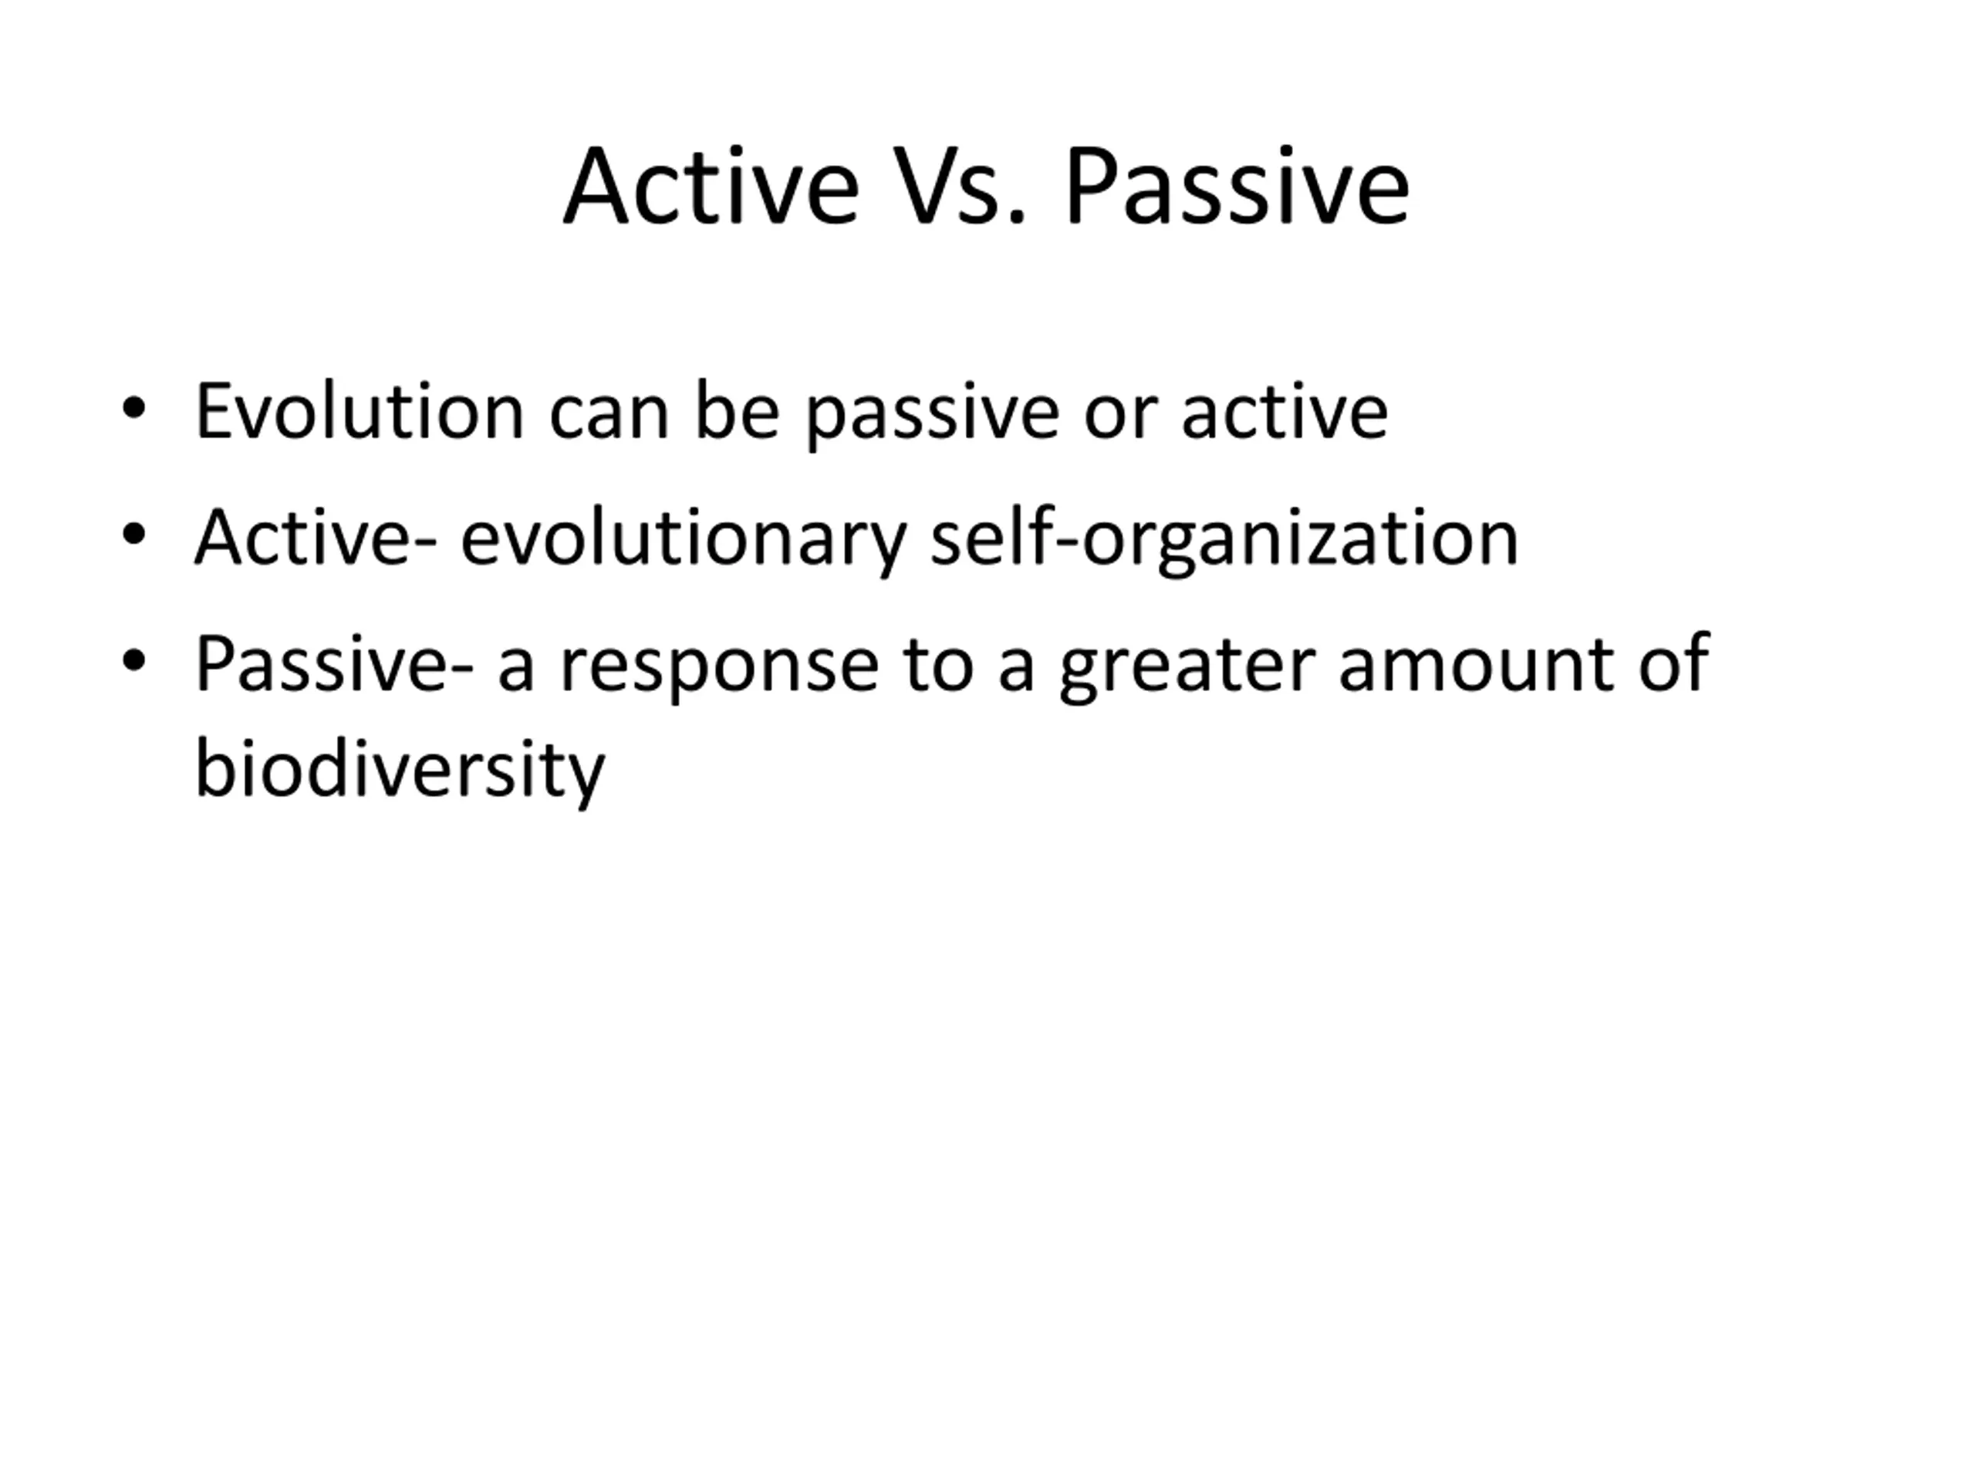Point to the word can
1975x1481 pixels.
[x=609, y=420]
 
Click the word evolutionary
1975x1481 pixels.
[x=683, y=540]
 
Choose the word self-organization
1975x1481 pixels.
[x=1224, y=540]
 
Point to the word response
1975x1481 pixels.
[x=720, y=671]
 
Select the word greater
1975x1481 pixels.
[x=1187, y=671]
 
